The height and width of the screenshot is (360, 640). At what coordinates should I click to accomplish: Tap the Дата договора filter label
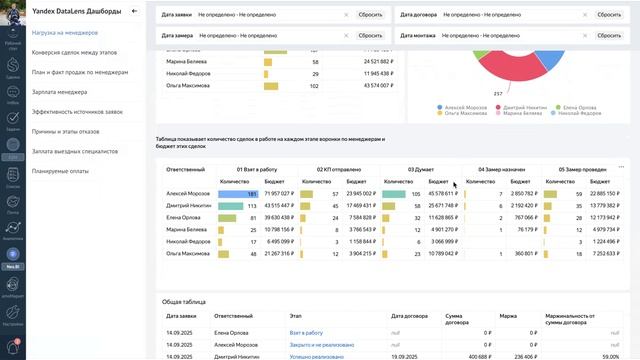(418, 15)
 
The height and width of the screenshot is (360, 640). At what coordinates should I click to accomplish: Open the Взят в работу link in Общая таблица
(306, 332)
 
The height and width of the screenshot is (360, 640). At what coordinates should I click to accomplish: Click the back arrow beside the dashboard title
(134, 11)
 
